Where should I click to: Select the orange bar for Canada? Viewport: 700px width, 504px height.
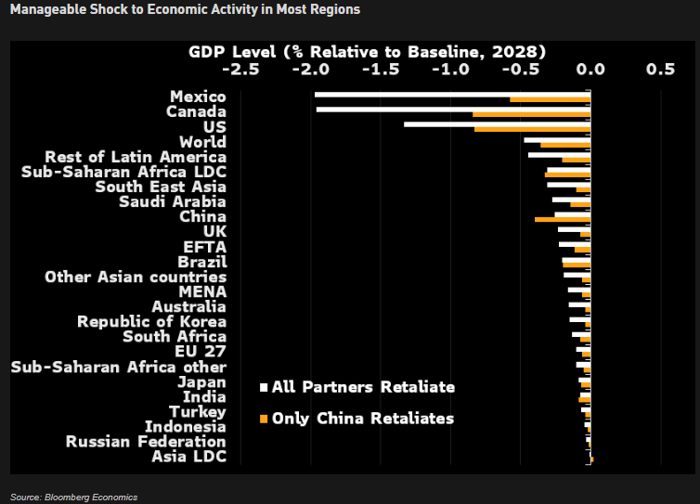tap(531, 114)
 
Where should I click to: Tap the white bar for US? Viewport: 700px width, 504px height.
tap(497, 123)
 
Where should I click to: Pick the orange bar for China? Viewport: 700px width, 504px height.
tap(563, 219)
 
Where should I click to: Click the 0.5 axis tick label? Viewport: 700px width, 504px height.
tap(660, 69)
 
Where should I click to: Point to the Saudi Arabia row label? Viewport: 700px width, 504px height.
tap(173, 201)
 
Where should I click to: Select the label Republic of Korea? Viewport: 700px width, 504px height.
tap(151, 321)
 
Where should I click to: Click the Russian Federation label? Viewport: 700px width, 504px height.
tap(146, 441)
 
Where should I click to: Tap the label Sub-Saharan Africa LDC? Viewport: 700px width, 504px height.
tap(123, 172)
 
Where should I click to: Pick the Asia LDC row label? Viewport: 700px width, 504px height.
tap(188, 456)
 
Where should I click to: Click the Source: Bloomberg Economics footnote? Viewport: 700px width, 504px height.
tap(74, 497)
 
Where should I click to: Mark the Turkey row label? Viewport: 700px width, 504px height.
tap(197, 411)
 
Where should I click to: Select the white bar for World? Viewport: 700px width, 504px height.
tap(556, 139)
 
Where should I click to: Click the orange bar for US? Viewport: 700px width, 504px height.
tap(532, 129)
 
